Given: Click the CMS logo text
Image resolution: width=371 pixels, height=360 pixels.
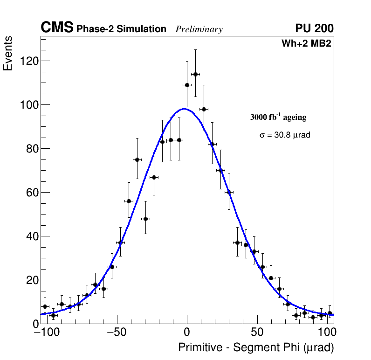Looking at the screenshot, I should (57, 28).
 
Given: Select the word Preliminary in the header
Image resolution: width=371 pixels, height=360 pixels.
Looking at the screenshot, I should (199, 29).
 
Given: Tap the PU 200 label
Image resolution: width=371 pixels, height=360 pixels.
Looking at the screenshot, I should (315, 28).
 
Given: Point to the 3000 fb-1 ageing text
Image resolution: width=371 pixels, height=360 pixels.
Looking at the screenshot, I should (278, 117).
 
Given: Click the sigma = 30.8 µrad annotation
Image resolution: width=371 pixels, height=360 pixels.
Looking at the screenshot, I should (285, 135).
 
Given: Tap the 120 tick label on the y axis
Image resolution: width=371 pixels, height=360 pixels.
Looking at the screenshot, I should (29, 61).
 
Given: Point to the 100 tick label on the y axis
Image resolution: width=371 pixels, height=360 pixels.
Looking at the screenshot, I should (29, 105).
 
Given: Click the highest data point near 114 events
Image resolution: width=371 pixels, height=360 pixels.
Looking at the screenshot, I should (195, 74).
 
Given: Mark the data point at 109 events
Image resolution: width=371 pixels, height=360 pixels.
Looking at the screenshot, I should (187, 85).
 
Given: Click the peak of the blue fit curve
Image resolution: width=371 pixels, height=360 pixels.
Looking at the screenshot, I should (185, 109).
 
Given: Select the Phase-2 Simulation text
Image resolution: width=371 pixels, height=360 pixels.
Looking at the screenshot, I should (121, 29).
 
